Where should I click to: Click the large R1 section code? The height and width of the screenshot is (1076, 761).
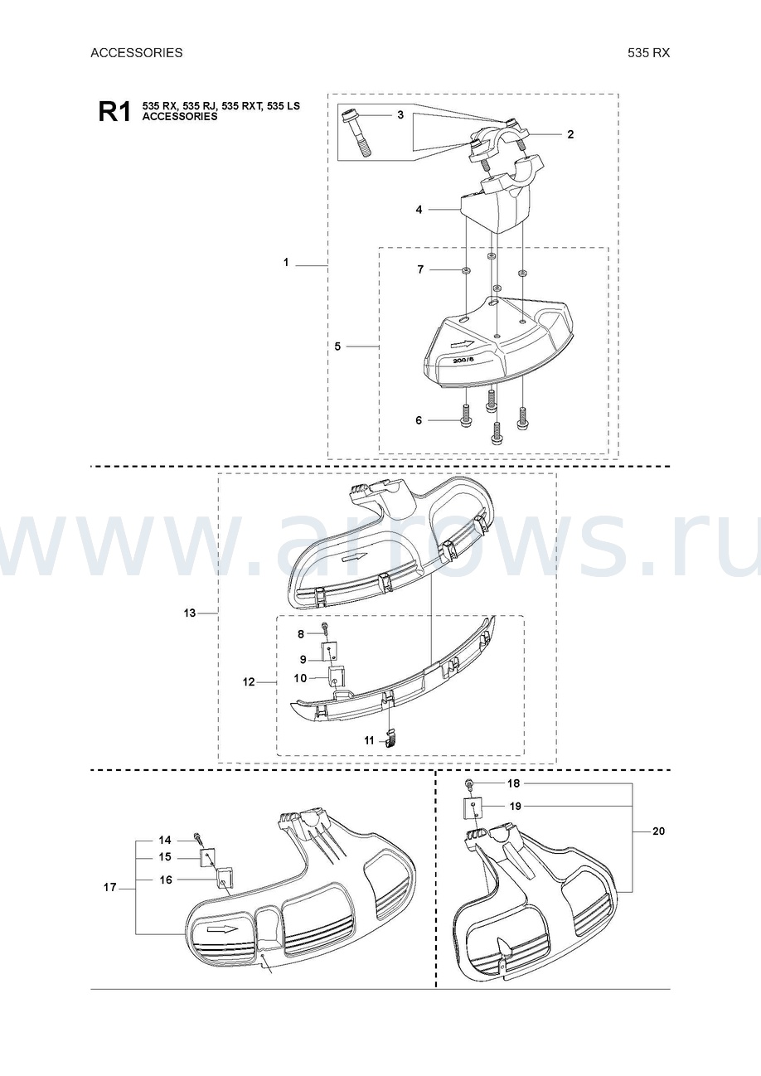tap(114, 113)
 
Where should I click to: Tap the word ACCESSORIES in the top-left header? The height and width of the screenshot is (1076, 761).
tap(137, 53)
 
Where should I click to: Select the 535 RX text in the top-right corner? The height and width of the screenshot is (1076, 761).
tap(648, 53)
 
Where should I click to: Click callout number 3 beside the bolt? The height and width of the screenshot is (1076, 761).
tap(400, 115)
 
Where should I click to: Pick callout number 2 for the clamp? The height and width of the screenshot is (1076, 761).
tap(570, 134)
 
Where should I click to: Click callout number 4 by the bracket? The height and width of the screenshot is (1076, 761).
tap(419, 210)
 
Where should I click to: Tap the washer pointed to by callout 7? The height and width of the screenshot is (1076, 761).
tap(466, 271)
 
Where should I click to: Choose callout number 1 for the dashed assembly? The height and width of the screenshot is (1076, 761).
tap(286, 263)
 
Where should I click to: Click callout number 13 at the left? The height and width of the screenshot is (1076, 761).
tap(190, 613)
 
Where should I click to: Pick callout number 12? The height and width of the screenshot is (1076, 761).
tap(249, 682)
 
